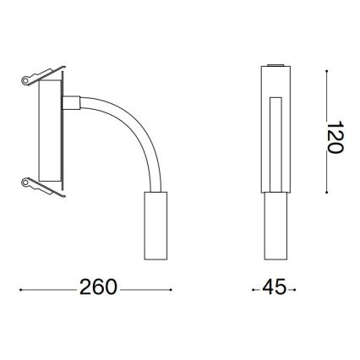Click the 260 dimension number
tap(98, 287)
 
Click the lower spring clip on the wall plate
tap(40, 187)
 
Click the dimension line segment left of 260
tap(47, 288)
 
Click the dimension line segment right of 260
tap(145, 288)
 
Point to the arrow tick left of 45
tap(255, 288)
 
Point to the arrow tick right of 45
tap(293, 288)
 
